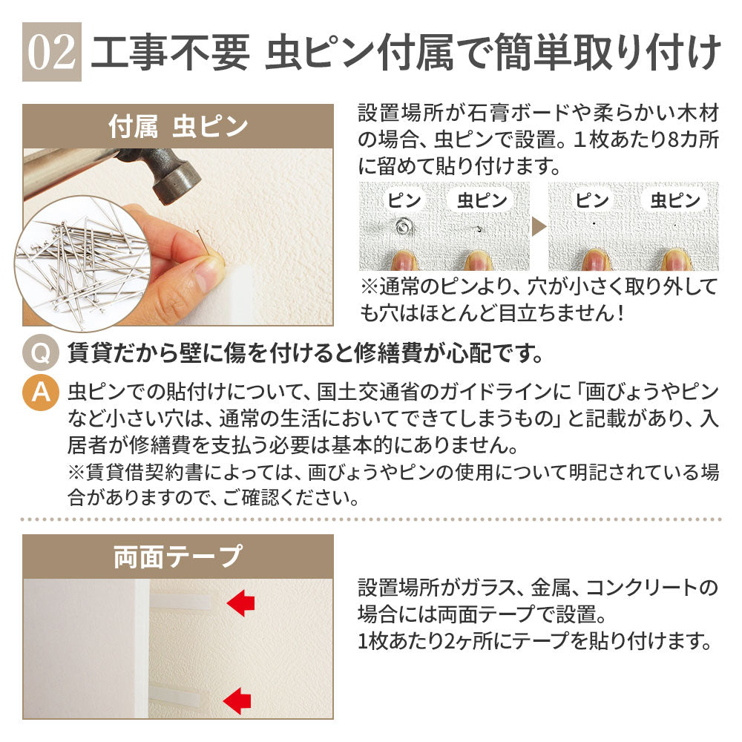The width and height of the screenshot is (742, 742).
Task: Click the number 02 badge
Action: (52, 52)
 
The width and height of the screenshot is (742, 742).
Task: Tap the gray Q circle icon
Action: (40, 352)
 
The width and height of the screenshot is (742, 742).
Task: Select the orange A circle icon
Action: (40, 393)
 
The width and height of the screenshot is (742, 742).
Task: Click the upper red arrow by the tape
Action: (241, 603)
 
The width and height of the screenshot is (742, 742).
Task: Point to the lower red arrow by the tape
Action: (237, 700)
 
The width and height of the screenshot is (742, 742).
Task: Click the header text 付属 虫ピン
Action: (178, 126)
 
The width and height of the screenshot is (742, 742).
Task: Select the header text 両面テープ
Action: (178, 556)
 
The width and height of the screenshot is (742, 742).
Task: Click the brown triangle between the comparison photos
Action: (539, 226)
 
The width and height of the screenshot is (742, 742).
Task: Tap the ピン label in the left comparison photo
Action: (404, 200)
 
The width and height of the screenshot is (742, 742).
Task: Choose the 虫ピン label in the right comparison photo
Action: (674, 200)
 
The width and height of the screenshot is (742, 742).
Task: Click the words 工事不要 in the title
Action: (169, 52)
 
